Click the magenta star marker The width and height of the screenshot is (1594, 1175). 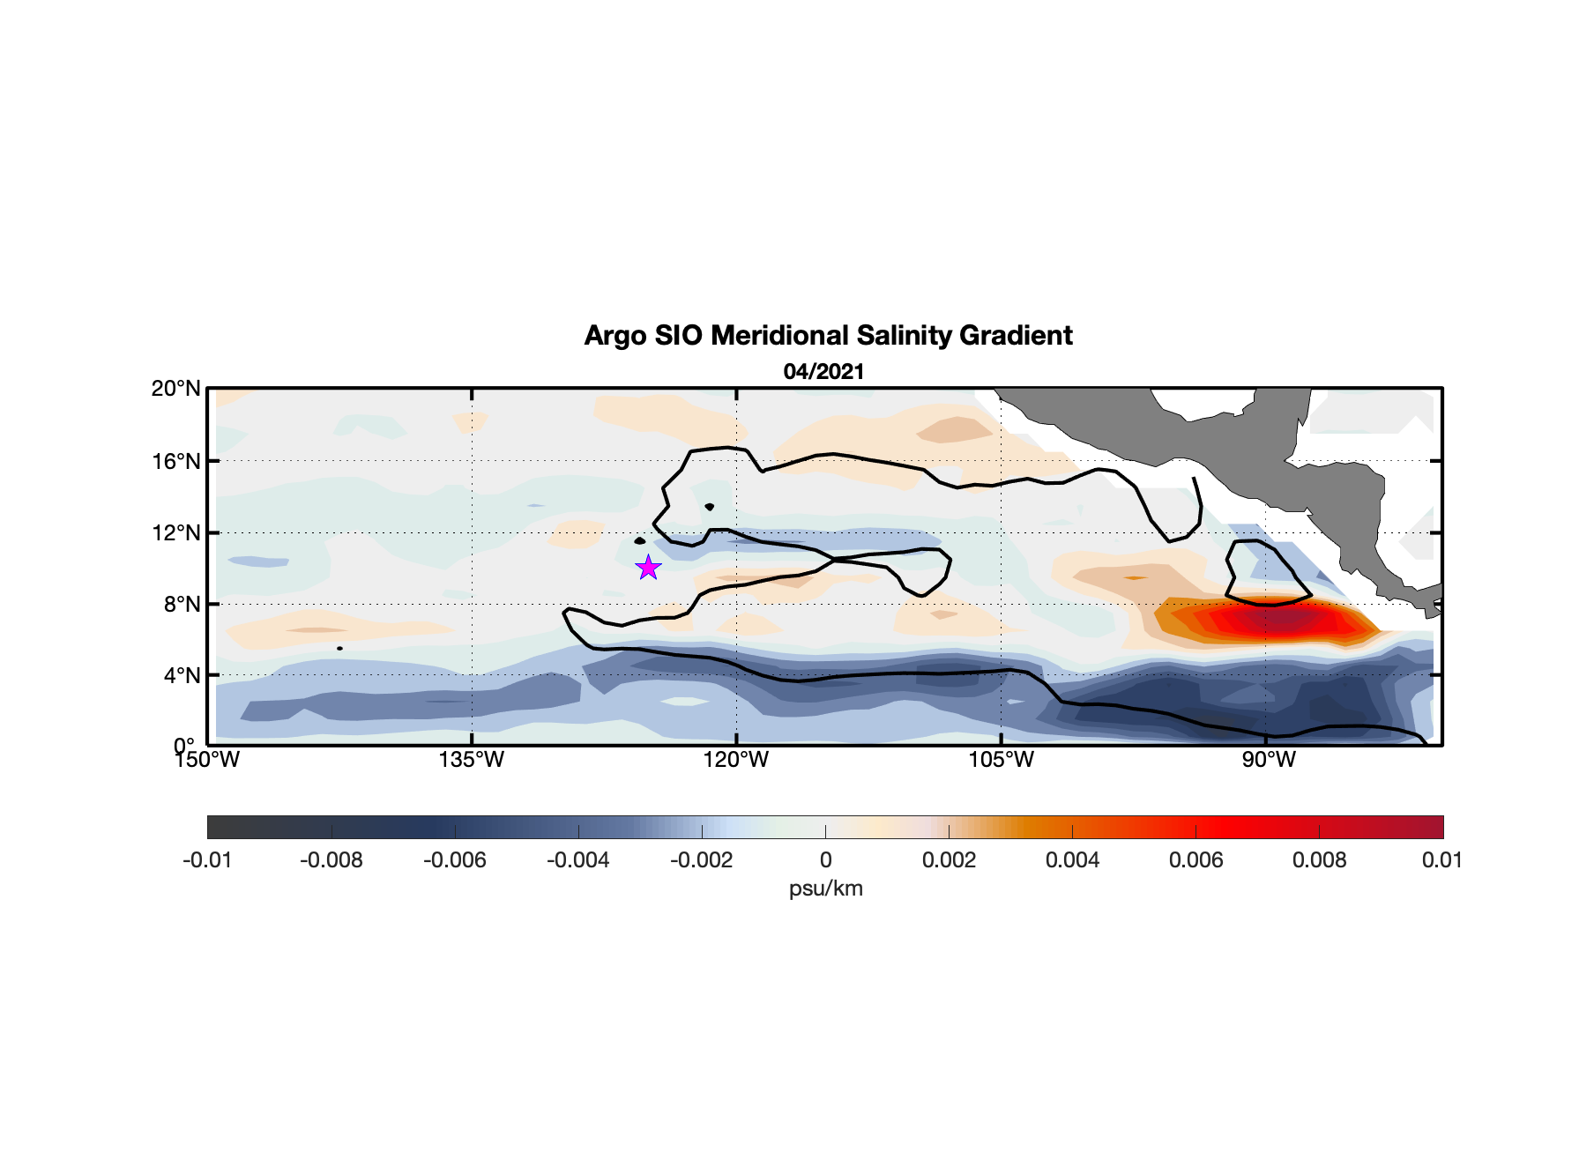[x=648, y=568]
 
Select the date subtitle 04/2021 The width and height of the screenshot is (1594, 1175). [x=823, y=372]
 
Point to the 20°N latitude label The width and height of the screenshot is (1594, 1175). [x=176, y=389]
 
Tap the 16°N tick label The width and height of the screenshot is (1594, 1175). [x=176, y=461]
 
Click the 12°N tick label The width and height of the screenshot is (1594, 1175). [x=176, y=532]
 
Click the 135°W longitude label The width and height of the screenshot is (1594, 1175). [x=472, y=760]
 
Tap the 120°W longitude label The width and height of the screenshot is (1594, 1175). [x=736, y=760]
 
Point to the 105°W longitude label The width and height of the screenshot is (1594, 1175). [x=1001, y=760]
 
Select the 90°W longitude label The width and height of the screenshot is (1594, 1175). [x=1269, y=760]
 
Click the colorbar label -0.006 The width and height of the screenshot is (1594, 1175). [x=454, y=860]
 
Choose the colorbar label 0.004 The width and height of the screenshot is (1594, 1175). [x=1072, y=860]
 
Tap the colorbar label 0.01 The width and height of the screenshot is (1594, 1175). [x=1441, y=860]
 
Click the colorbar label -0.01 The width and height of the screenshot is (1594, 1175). [x=207, y=860]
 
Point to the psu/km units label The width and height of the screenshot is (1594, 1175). [x=825, y=889]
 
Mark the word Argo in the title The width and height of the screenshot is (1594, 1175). [x=615, y=336]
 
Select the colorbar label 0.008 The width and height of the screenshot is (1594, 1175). [x=1319, y=860]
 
